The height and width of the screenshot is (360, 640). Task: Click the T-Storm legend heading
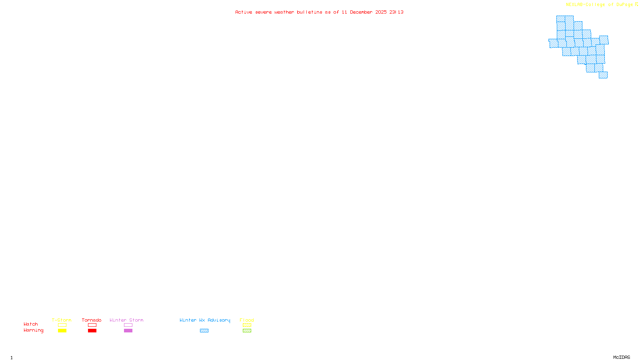62,320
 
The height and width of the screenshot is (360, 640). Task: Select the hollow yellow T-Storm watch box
62,325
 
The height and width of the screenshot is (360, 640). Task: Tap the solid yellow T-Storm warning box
62,331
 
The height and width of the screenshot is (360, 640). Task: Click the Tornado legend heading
92,320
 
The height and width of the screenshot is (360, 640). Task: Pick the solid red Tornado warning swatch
92,331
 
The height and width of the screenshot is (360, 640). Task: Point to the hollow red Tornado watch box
92,325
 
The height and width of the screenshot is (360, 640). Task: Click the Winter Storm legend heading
126,320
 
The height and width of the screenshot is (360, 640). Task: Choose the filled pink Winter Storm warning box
128,331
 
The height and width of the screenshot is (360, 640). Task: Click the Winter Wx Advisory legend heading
205,320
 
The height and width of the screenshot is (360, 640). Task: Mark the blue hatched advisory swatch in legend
204,331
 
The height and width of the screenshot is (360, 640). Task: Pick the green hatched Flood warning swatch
247,331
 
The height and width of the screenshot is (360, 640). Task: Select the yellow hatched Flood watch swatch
247,325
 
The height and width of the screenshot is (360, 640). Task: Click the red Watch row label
31,324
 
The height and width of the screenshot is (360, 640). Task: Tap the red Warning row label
34,330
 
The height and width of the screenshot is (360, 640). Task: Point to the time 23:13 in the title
396,12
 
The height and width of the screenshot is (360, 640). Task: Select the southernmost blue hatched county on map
603,75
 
